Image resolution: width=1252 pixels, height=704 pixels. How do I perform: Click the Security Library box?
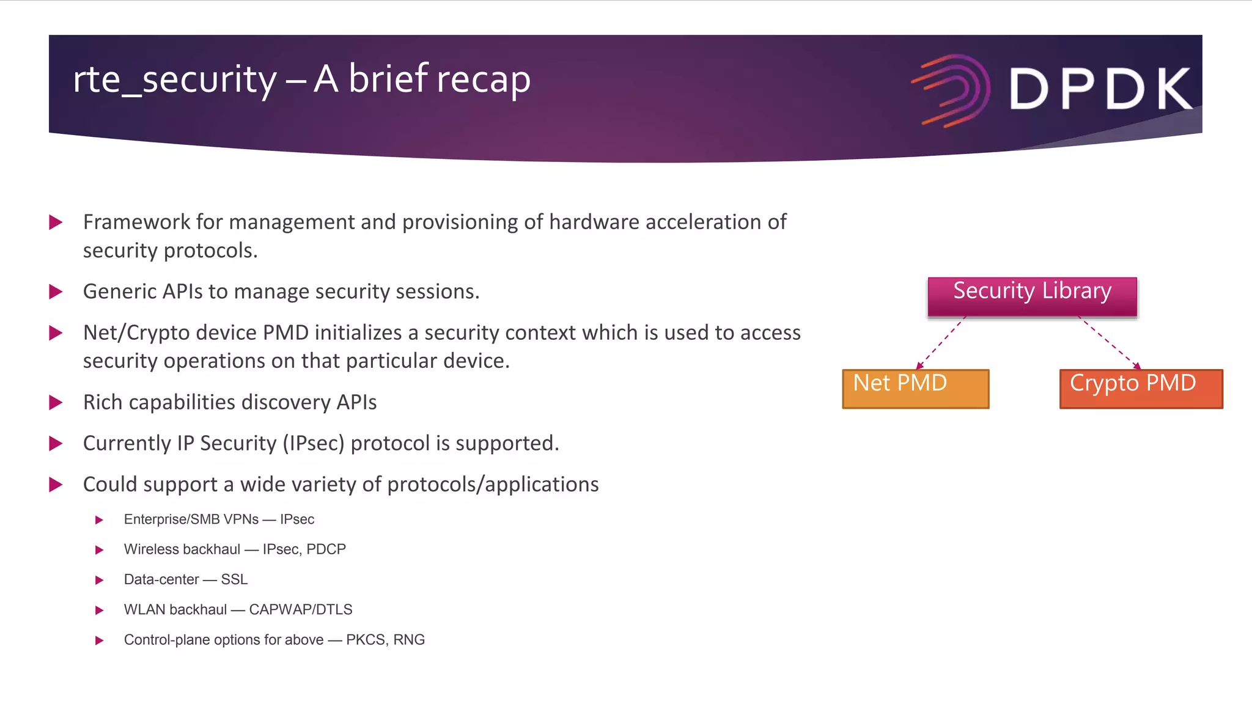point(1032,296)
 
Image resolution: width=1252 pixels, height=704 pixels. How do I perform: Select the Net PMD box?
point(915,389)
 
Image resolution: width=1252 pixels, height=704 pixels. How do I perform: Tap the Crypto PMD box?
point(1141,389)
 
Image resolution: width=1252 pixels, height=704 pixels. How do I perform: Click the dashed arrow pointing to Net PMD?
point(941,343)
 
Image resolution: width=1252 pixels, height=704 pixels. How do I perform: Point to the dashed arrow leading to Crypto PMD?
point(1109,343)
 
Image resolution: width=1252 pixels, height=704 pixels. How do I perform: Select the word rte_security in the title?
point(175,79)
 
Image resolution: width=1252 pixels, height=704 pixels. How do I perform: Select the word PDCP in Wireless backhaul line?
point(326,549)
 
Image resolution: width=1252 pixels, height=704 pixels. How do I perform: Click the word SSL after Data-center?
point(234,579)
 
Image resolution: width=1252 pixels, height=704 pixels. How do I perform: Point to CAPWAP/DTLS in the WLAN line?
point(300,610)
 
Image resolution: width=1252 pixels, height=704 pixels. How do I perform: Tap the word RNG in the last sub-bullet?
point(409,640)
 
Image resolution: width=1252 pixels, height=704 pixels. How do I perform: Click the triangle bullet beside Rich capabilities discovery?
point(56,402)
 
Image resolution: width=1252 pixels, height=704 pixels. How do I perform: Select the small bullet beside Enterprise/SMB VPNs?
point(99,520)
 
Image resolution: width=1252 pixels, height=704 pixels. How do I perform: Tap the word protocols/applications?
point(493,485)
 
